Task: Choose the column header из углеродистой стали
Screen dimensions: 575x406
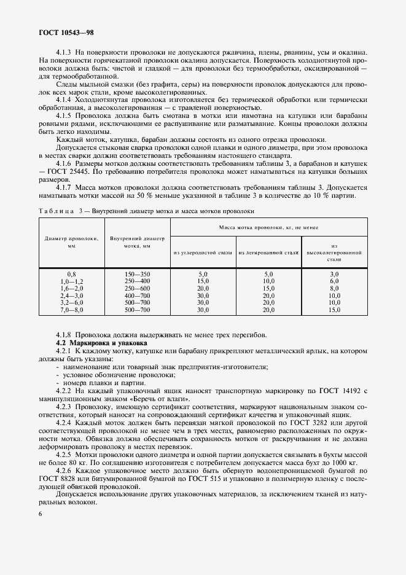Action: click(x=203, y=252)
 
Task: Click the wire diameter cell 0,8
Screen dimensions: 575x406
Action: click(x=71, y=274)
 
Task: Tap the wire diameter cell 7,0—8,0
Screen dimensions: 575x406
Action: click(x=71, y=311)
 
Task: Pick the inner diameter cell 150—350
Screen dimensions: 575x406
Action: click(x=137, y=274)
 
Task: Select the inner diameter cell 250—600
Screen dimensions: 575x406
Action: click(x=137, y=289)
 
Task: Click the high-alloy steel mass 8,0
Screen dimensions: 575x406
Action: click(x=334, y=289)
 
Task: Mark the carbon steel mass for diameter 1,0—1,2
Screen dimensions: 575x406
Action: click(x=203, y=281)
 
